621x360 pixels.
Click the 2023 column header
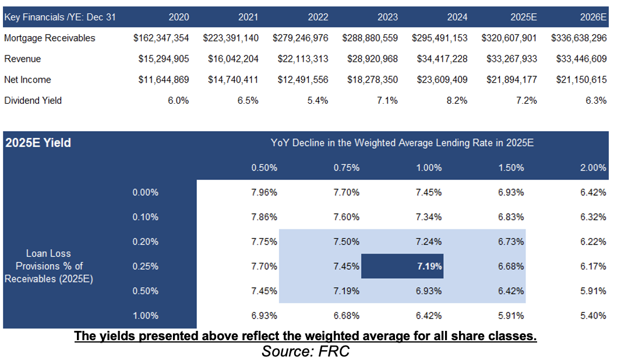coord(387,17)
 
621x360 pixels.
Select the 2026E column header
coord(594,17)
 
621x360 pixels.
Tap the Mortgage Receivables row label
coord(50,38)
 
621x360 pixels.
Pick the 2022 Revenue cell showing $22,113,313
coord(301,59)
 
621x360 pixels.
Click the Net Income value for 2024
coord(440,80)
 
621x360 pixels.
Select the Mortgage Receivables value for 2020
coord(161,38)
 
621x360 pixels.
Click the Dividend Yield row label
coord(33,100)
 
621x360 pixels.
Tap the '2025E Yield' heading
coord(38,143)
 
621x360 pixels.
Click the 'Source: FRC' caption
coord(305,351)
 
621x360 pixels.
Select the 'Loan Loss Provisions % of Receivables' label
coord(49,266)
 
